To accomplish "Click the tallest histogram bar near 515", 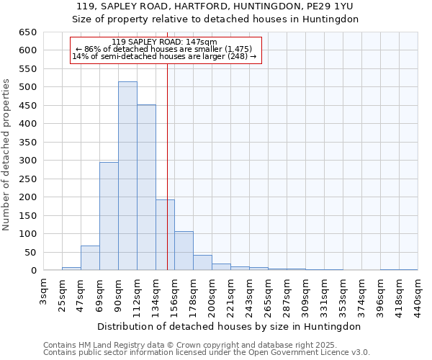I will coord(127,176).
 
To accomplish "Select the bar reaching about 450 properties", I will coord(146,188).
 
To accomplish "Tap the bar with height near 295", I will coord(109,217).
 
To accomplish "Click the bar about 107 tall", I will coord(184,251).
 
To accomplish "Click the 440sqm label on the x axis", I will coord(418,297).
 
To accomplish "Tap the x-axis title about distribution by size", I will coord(230,326).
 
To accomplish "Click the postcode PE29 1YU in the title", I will coord(332,6).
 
